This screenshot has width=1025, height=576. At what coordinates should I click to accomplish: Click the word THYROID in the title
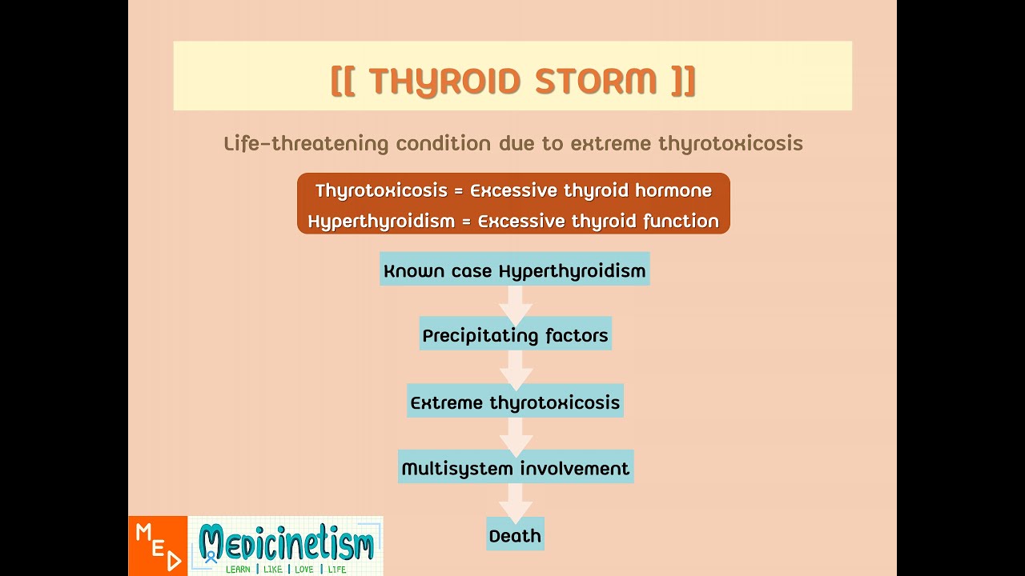(x=445, y=81)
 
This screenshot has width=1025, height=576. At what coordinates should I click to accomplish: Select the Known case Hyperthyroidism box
(x=514, y=270)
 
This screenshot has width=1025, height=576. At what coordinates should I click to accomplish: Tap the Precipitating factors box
(x=515, y=335)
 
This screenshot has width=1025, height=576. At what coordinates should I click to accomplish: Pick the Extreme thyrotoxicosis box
(x=515, y=402)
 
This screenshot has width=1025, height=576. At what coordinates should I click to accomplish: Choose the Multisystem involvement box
(x=515, y=468)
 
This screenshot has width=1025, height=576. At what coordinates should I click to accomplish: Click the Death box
(x=515, y=535)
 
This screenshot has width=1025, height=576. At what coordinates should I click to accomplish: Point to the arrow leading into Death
(x=515, y=502)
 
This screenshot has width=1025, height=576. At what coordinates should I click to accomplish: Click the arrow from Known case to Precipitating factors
(x=515, y=302)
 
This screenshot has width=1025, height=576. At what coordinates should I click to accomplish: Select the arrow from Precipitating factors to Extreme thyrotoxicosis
(x=515, y=369)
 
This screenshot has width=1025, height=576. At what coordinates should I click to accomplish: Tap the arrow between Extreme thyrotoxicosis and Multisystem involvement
(x=515, y=435)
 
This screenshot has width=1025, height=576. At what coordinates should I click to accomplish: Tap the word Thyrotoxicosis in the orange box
(x=369, y=190)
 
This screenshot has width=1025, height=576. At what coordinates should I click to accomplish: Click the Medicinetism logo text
(x=286, y=542)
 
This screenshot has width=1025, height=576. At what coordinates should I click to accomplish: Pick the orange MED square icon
(x=158, y=546)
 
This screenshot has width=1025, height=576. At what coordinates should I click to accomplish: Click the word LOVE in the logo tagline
(x=303, y=570)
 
